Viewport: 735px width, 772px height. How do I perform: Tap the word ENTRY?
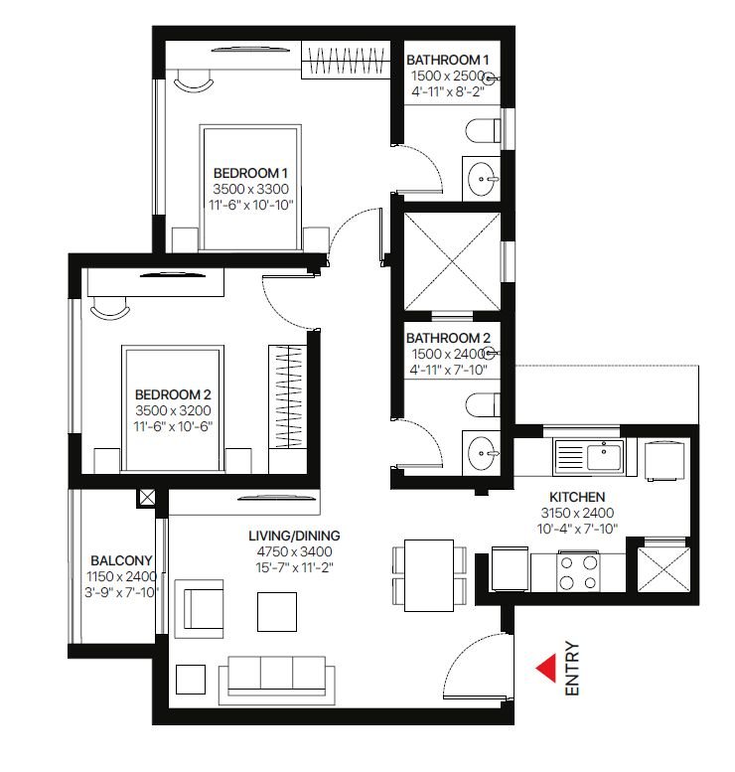coord(572,668)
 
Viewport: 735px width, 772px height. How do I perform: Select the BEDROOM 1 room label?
coord(250,173)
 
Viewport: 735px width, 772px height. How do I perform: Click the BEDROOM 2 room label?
coord(173,394)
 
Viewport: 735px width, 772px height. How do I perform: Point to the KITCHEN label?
coord(577,497)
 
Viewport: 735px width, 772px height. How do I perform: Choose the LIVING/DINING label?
coord(294,536)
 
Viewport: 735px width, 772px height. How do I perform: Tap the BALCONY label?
coord(121,560)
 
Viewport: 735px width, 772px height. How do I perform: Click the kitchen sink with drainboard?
coord(589,456)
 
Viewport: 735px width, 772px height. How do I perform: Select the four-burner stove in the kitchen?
coord(578,571)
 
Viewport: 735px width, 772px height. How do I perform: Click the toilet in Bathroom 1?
coord(483,130)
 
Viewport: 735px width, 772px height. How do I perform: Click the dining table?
coord(429,575)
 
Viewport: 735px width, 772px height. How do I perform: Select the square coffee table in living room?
coord(277,612)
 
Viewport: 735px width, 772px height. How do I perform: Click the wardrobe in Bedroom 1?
coord(346,60)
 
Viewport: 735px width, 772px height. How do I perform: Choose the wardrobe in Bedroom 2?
coord(288,396)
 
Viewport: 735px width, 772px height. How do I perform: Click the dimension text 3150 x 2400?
coord(577,513)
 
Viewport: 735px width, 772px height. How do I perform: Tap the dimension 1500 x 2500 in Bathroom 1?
coord(448,76)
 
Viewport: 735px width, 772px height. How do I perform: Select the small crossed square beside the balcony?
coord(147,497)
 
